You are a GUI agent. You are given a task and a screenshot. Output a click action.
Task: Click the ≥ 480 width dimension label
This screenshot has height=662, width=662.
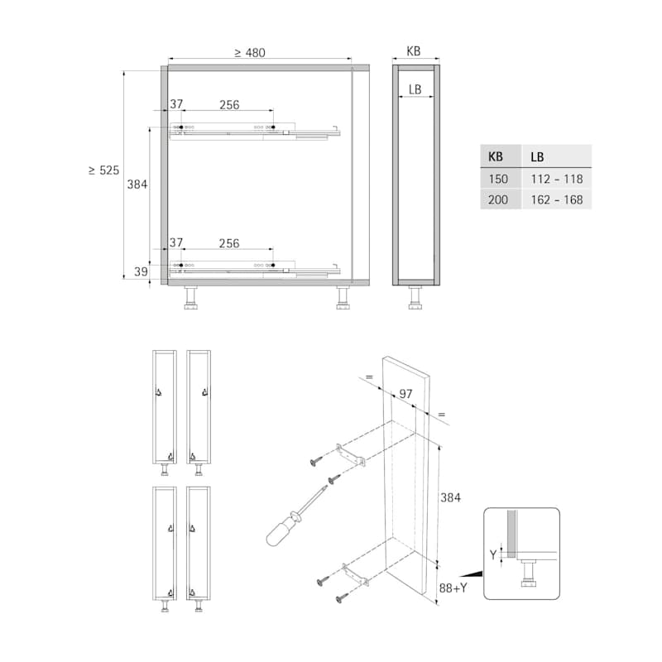coord(250,53)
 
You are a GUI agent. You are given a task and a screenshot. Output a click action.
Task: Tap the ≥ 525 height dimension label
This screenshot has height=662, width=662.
coord(104,170)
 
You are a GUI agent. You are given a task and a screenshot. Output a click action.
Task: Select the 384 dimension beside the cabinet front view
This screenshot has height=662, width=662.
coord(137,185)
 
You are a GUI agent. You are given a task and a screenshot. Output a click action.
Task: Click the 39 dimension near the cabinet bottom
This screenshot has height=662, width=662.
coord(141,271)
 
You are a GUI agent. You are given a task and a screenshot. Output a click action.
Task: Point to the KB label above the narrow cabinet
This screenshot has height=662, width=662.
coord(413,51)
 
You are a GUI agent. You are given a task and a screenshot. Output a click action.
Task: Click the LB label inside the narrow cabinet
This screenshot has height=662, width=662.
coord(415,89)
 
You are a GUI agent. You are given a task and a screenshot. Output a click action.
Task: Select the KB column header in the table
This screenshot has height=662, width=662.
coord(495,156)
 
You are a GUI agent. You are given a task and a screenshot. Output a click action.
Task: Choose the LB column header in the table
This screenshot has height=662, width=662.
coord(537,157)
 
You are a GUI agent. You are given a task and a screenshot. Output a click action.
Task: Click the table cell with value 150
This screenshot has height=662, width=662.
coord(498,179)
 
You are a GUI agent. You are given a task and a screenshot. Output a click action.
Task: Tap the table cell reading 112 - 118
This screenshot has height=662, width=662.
coord(557,179)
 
